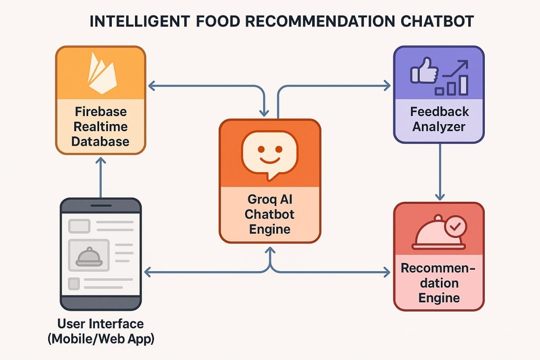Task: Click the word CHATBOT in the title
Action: point(437,21)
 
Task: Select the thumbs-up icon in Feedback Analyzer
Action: point(424,70)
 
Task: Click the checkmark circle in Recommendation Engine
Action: point(455,227)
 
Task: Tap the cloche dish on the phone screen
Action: point(89,257)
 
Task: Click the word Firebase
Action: point(101,112)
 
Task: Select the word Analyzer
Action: point(439,127)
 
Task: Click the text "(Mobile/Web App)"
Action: point(101,339)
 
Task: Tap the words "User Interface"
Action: point(100,324)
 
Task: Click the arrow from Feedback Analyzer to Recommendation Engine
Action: point(440,172)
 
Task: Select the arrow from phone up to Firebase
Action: point(101,178)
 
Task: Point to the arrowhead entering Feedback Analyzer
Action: point(387,86)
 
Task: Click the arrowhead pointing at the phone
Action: point(148,272)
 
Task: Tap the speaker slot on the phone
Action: point(101,206)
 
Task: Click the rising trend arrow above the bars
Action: point(455,68)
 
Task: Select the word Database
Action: point(100,141)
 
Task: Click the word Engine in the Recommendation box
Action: point(439,298)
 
